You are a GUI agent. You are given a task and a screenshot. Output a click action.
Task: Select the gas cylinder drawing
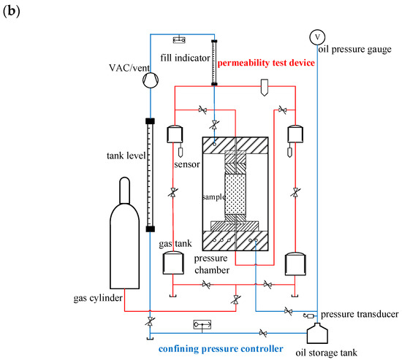click(x=124, y=233)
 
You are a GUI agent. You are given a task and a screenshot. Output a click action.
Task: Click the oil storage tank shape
click(x=317, y=333)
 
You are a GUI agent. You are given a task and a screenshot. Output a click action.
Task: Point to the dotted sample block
click(x=235, y=194)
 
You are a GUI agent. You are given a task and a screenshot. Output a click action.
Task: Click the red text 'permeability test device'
click(x=266, y=63)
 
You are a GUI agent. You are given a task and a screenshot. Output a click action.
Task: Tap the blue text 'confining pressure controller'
click(x=221, y=349)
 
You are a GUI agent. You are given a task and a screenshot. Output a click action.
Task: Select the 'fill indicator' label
click(x=185, y=58)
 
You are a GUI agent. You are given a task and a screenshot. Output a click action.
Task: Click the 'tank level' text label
click(x=126, y=156)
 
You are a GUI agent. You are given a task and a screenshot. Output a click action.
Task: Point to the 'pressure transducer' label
click(x=360, y=314)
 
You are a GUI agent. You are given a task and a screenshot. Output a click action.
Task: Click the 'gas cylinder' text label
click(x=98, y=298)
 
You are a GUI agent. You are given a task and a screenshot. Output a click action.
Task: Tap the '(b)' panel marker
click(x=11, y=11)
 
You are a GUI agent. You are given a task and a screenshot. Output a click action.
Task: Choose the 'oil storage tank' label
click(x=326, y=353)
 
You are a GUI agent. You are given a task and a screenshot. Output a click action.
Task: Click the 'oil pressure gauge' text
click(x=354, y=49)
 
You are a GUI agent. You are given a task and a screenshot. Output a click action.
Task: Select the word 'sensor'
click(x=187, y=164)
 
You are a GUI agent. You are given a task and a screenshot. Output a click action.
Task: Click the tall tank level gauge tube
click(x=151, y=175)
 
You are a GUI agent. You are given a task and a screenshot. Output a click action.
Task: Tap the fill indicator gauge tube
click(x=214, y=63)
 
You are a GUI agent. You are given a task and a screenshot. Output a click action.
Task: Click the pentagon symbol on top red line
click(x=265, y=88)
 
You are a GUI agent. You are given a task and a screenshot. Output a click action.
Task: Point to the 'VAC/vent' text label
click(x=129, y=68)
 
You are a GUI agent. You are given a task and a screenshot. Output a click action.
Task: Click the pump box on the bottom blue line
click(x=202, y=325)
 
